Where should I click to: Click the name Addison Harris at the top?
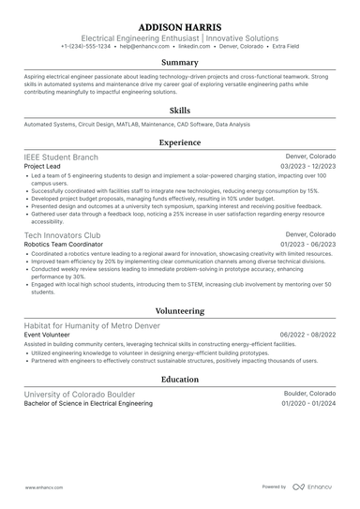pos(180,26)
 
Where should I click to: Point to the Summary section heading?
pos(180,62)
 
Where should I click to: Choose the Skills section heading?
pos(180,110)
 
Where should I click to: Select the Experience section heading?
pos(180,142)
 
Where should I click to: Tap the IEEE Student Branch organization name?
pos(62,157)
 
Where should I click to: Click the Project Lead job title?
pos(43,166)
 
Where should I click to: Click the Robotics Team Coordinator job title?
pos(62,243)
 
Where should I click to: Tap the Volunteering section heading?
pos(180,310)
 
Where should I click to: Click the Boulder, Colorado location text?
pos(310,394)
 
